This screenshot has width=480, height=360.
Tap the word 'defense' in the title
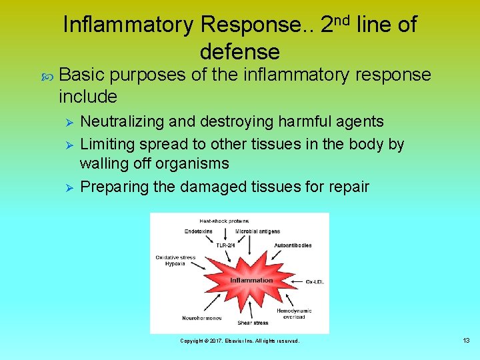point(239,51)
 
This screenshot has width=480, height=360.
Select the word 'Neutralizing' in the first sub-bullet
point(122,121)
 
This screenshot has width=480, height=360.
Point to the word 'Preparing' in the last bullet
point(114,187)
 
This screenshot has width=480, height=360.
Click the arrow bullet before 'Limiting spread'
point(65,145)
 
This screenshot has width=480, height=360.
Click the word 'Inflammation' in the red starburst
point(251,280)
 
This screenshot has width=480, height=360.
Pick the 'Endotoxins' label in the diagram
point(199,231)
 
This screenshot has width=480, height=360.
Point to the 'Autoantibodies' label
point(293,245)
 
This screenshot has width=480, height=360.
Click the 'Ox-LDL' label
point(314,280)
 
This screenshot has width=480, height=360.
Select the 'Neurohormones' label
point(202,318)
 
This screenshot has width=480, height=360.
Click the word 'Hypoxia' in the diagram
point(175,263)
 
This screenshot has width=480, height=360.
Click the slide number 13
point(466,341)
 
